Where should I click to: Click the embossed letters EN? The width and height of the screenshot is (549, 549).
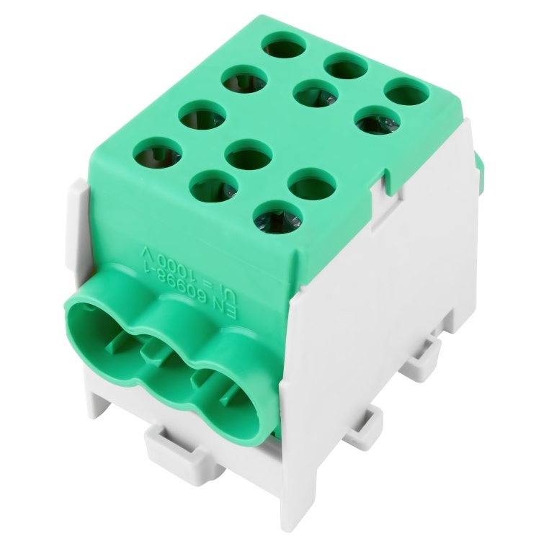pyautogui.click(x=228, y=313)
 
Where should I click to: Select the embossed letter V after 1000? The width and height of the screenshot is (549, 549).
pyautogui.click(x=146, y=253)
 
